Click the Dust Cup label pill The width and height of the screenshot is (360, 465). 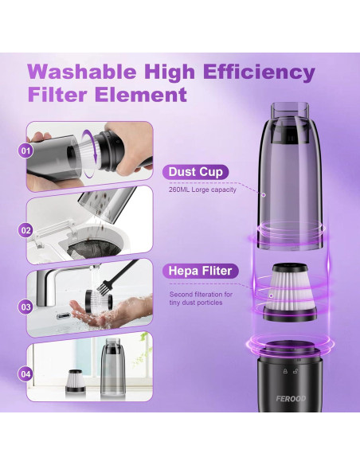[x=197, y=172]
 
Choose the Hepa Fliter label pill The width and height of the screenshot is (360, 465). [x=199, y=271]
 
